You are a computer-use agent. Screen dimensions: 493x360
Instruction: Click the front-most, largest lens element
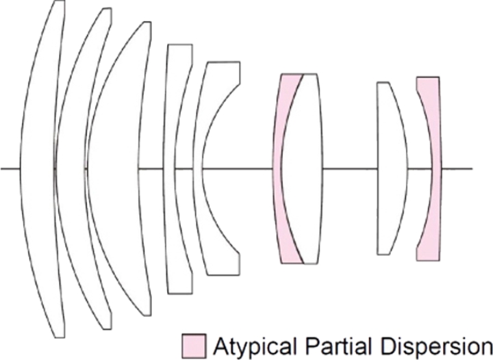point(38,168)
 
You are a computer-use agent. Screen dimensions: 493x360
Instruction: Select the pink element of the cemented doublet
point(277,168)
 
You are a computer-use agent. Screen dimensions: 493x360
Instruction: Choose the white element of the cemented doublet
point(302,168)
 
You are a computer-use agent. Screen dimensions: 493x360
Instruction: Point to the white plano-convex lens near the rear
point(392,168)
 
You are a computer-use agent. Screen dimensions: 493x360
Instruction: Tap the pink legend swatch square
point(194,346)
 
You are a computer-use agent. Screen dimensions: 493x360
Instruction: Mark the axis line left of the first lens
point(10,168)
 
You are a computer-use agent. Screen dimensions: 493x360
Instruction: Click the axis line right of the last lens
point(457,168)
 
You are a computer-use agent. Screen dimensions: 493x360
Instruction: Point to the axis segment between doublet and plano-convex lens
point(350,168)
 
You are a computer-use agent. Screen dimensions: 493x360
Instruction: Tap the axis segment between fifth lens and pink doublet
point(237,168)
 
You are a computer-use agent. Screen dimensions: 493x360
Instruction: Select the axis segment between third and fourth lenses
point(151,168)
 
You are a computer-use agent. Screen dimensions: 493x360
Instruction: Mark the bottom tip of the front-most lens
point(60,337)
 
